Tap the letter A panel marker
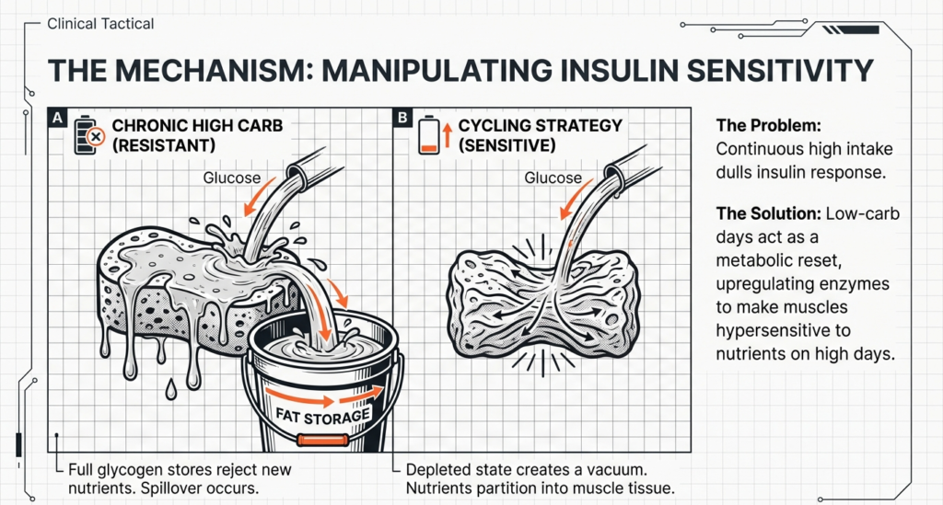57,118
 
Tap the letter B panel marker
403,118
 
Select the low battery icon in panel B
426,135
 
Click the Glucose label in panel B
553,178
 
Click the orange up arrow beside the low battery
446,137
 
